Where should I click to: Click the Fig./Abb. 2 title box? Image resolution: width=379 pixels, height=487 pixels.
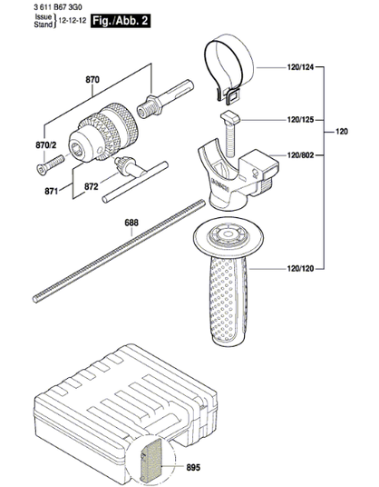(x=121, y=21)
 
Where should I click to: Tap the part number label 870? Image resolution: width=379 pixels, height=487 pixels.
(x=92, y=80)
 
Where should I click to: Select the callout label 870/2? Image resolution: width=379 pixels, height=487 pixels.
(x=46, y=145)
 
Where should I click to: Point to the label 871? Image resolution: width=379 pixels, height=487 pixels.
(x=52, y=191)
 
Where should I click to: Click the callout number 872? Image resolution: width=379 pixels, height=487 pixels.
(x=92, y=186)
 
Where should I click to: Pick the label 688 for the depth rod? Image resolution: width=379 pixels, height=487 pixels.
(x=131, y=223)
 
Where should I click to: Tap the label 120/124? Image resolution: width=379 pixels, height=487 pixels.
(x=301, y=66)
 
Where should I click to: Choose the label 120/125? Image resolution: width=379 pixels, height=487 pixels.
(x=301, y=120)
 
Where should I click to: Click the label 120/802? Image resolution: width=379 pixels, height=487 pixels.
(x=301, y=154)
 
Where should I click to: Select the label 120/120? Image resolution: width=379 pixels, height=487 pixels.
(x=301, y=268)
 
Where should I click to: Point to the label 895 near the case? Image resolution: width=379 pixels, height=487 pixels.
(x=193, y=467)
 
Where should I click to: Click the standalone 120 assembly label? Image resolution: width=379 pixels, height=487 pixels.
(x=342, y=132)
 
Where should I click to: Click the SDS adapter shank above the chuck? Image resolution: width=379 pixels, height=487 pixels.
(x=166, y=98)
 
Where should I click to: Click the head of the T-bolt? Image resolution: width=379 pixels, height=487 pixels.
(x=231, y=118)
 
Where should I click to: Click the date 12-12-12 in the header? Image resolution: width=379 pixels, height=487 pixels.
(x=73, y=21)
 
